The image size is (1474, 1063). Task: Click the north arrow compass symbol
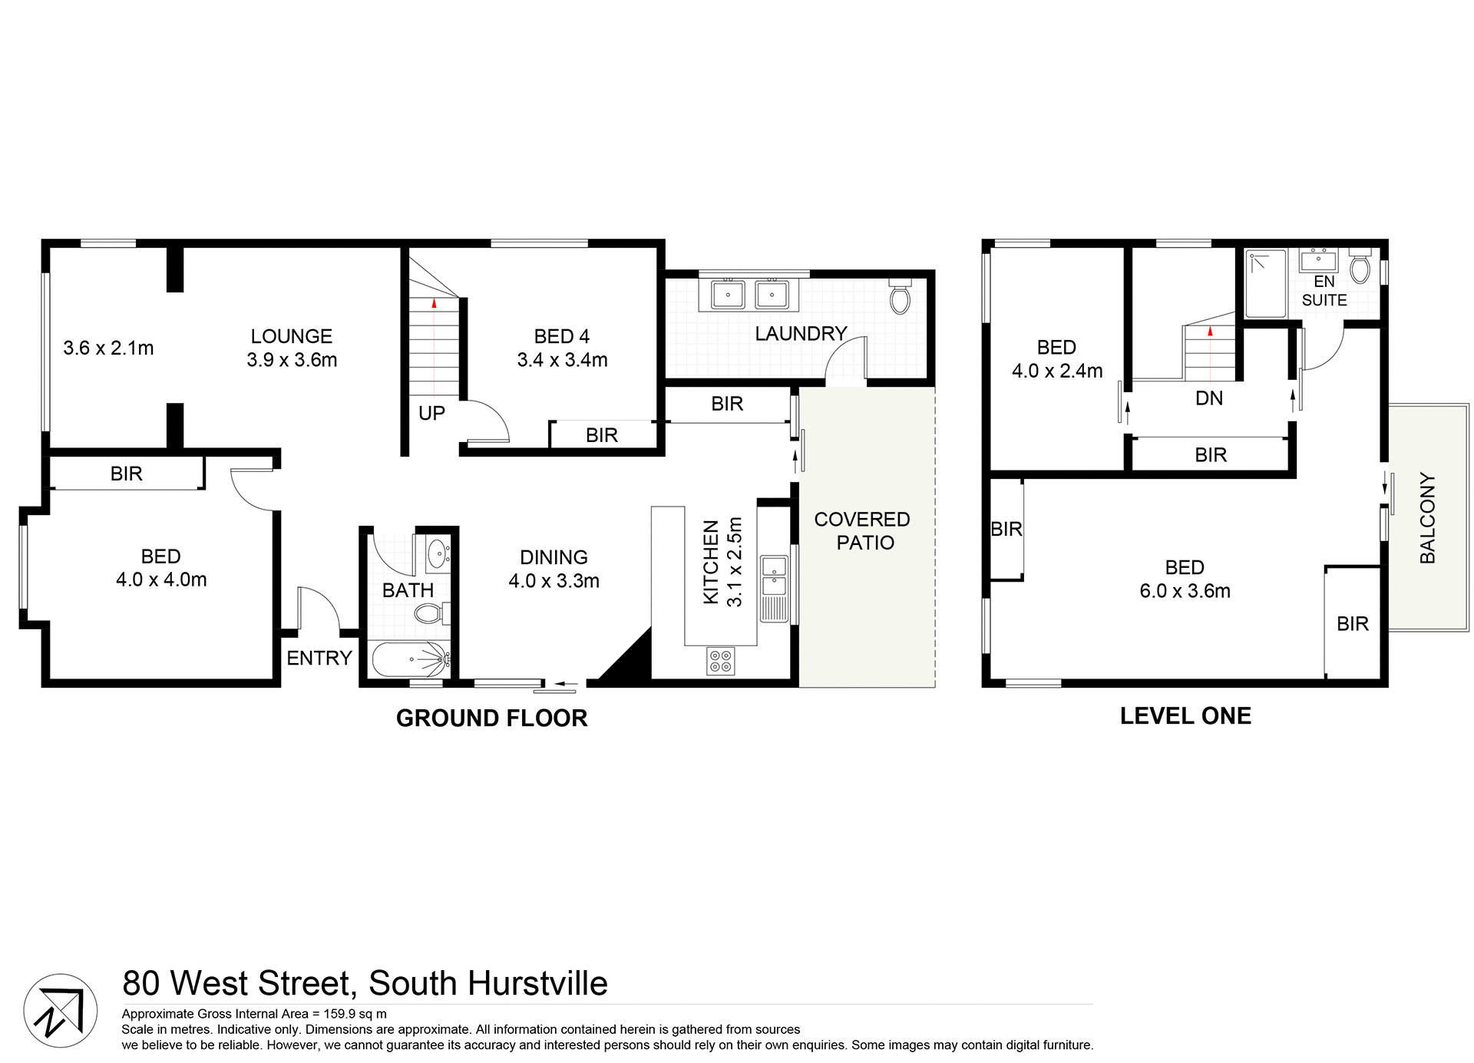tap(60, 1010)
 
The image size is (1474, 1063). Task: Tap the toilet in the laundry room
tap(900, 297)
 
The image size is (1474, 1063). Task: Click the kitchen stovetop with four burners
tap(720, 661)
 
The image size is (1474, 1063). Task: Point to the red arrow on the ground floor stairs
tap(434, 303)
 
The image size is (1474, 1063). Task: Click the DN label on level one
tap(1209, 398)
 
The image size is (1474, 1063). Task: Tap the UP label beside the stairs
tap(431, 414)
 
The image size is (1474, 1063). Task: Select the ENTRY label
tap(319, 659)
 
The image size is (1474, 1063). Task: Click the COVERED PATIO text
tap(863, 531)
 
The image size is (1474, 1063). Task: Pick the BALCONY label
tap(1427, 518)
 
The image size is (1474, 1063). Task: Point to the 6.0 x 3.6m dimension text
tap(1185, 591)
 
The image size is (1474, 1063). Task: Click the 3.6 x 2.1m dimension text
tap(108, 348)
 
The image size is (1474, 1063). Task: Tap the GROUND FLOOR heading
tap(491, 718)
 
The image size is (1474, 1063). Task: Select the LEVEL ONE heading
tap(1185, 716)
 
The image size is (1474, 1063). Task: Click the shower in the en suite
tap(1264, 283)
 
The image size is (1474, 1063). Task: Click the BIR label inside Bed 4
tap(601, 436)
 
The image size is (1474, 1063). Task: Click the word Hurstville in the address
tap(537, 983)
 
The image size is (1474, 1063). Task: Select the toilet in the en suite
tap(1360, 267)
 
